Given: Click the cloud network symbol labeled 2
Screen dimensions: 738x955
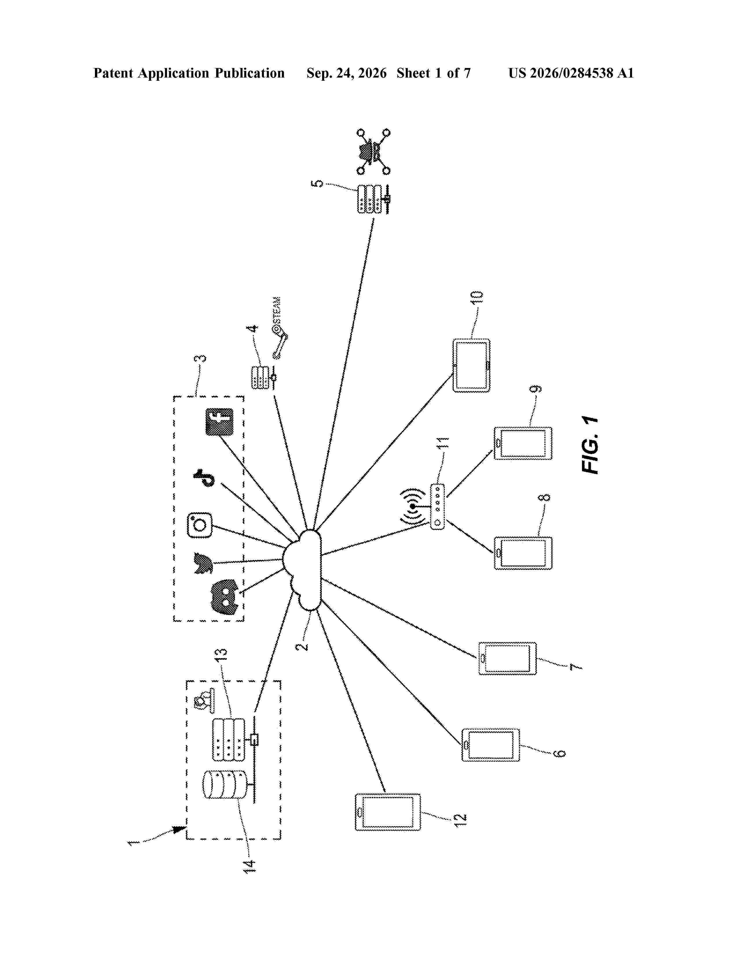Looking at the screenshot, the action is coord(302,570).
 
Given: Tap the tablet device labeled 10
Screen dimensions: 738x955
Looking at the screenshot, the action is coord(471,365).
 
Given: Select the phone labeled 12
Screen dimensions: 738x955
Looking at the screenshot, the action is coord(388,812).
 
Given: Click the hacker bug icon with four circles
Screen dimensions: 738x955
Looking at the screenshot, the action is coord(373,152).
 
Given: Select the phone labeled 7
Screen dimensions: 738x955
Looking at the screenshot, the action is coord(507,658).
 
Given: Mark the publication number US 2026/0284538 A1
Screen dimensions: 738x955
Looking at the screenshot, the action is coord(571,73).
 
